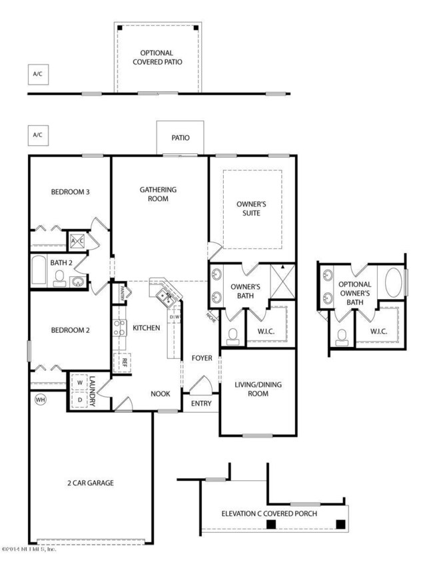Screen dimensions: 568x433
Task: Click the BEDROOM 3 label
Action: point(70,192)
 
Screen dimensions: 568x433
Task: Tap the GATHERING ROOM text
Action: point(158,194)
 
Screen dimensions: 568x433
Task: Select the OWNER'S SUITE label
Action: point(252,208)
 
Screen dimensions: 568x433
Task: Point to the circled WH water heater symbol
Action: point(39,399)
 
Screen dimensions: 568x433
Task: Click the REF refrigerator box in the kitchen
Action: point(124,363)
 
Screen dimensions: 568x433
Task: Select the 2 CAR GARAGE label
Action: point(91,483)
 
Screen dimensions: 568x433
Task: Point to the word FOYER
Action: point(202,358)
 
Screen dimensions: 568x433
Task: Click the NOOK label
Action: point(160,394)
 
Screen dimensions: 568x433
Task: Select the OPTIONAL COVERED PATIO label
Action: point(157,57)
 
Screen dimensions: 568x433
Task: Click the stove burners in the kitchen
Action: point(119,327)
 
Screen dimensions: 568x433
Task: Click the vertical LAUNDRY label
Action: point(95,392)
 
